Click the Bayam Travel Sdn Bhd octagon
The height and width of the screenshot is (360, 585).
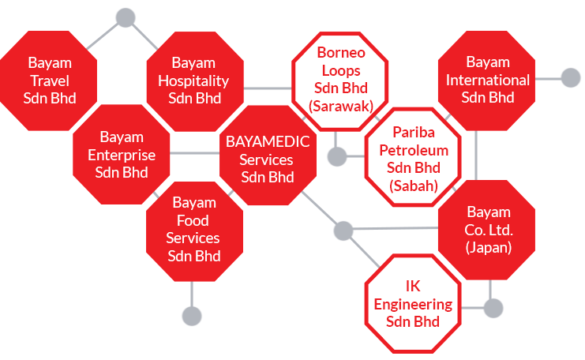(x=49, y=81)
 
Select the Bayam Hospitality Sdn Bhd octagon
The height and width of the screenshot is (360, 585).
(x=194, y=80)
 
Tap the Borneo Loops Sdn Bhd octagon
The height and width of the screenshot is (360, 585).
(x=340, y=79)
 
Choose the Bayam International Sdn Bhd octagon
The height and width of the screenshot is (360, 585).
(x=487, y=80)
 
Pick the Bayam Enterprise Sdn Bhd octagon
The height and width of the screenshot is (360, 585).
(x=122, y=156)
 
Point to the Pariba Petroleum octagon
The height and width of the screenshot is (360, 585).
(x=413, y=157)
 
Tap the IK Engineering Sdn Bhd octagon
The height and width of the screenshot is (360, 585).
(x=413, y=303)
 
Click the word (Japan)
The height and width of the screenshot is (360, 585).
(x=488, y=247)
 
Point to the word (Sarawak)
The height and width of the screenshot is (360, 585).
(x=341, y=104)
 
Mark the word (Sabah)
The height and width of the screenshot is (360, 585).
(x=413, y=186)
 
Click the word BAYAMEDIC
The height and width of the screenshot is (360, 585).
(x=267, y=141)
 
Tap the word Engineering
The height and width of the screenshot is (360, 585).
(x=413, y=304)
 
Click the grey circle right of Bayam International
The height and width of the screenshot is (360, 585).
(x=570, y=77)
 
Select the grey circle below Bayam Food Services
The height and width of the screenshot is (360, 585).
(x=192, y=316)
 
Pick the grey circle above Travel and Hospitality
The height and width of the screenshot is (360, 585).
(x=125, y=17)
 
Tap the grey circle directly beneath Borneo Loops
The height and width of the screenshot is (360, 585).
(x=337, y=156)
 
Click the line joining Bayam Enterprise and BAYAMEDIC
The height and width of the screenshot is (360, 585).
(x=195, y=152)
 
